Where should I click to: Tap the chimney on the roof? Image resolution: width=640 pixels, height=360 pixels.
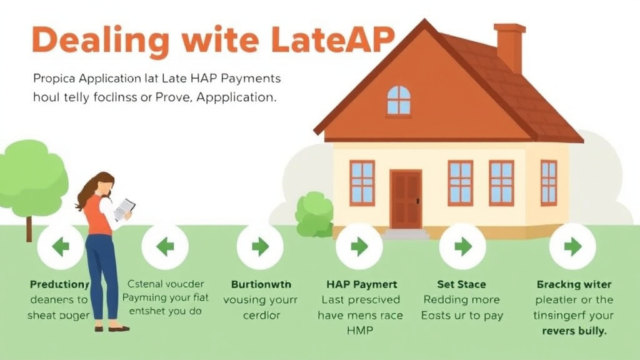[509, 47]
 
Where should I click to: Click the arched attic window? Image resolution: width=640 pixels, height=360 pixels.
[399, 101]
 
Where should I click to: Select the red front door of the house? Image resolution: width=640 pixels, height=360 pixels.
[406, 199]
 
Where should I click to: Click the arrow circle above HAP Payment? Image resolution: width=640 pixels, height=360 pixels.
[359, 246]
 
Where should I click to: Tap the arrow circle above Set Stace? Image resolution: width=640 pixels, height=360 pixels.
[462, 246]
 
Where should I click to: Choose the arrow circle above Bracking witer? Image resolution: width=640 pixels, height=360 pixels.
[572, 246]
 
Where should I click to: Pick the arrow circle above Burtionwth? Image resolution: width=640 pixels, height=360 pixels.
[260, 246]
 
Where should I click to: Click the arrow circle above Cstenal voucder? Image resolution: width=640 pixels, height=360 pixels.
[165, 246]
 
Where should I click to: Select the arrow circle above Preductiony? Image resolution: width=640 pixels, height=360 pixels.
[60, 246]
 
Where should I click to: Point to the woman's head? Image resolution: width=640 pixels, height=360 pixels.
[103, 185]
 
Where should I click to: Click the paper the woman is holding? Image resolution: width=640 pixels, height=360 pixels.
[124, 209]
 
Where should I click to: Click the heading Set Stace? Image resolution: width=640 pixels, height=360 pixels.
[462, 284]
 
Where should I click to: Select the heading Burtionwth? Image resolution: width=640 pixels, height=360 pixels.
[261, 284]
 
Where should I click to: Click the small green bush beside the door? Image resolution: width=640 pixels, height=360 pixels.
[314, 214]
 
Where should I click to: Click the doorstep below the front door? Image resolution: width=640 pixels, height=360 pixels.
[406, 234]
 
